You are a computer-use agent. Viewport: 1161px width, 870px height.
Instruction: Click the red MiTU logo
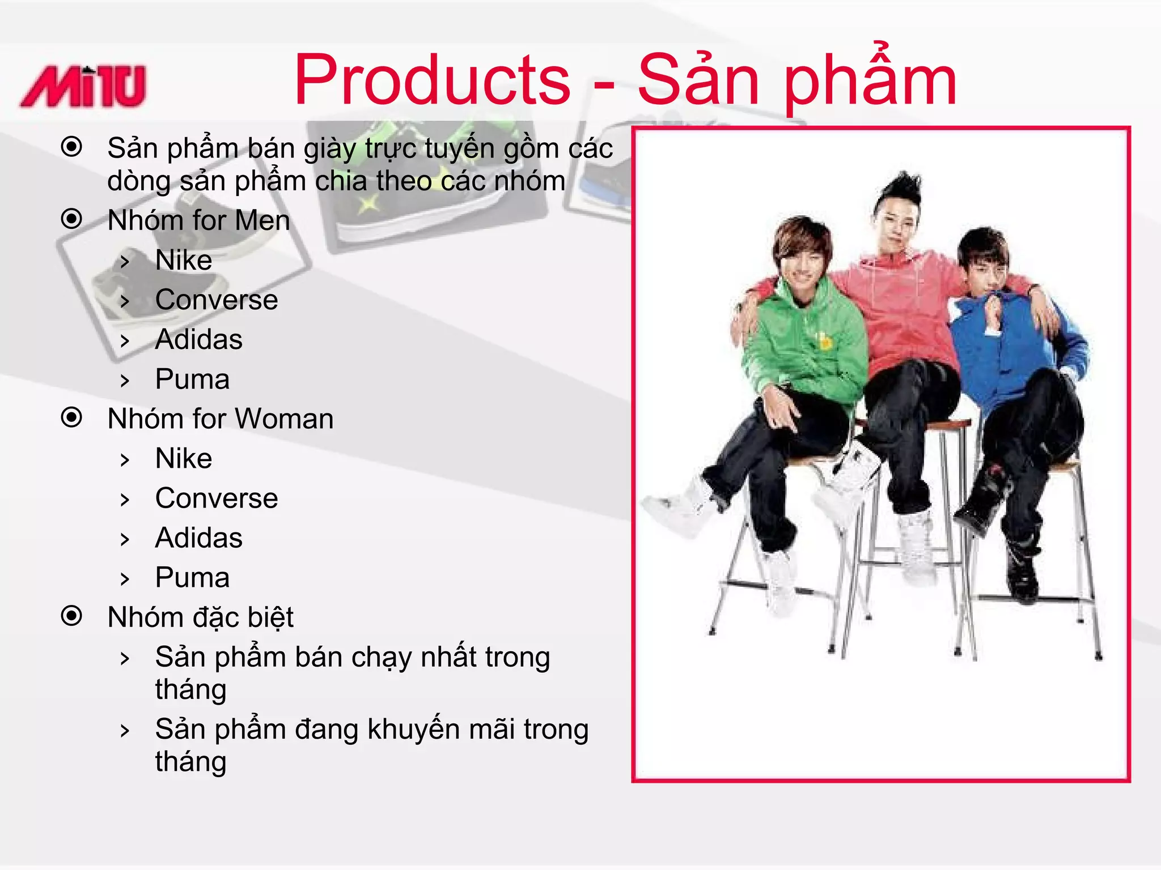(x=83, y=86)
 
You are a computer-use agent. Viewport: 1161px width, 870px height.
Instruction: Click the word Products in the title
(x=432, y=80)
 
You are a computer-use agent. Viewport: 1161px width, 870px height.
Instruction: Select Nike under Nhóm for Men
(x=184, y=261)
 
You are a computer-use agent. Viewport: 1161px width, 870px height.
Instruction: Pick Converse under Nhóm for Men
(x=217, y=300)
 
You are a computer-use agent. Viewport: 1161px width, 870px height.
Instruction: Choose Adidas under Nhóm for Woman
(x=198, y=538)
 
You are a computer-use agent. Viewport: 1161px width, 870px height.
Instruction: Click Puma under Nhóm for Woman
(x=192, y=578)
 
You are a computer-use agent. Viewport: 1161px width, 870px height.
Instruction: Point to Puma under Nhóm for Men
(x=192, y=379)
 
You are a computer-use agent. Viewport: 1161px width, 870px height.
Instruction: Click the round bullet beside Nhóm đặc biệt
(x=72, y=616)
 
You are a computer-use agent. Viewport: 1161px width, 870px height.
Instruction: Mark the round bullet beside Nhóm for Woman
(x=72, y=417)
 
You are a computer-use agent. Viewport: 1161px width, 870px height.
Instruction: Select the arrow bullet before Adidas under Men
(x=125, y=341)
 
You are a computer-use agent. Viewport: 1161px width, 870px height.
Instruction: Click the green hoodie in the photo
(x=805, y=340)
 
